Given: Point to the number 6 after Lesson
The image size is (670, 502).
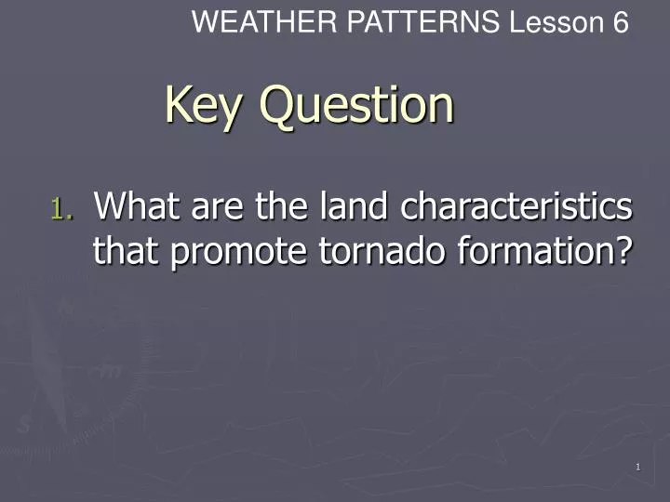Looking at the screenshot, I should coord(621,22).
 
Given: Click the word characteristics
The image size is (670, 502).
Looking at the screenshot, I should coord(516,205).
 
